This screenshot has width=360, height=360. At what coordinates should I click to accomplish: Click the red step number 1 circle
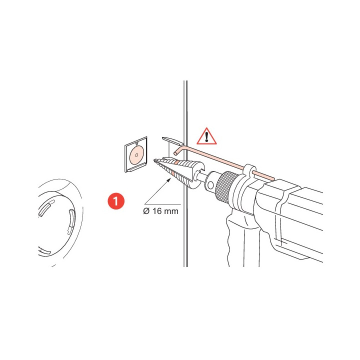coord(116,201)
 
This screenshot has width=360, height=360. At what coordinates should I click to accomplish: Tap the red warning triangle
coord(206,137)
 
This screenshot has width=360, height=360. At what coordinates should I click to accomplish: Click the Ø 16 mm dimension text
coord(160,211)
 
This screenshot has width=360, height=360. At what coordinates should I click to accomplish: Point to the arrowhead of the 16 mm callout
coord(169,180)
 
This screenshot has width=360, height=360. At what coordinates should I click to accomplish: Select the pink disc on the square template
coord(136,155)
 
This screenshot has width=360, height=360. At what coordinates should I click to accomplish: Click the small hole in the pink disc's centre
coord(136,155)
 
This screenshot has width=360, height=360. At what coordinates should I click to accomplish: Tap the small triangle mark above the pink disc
coord(137,143)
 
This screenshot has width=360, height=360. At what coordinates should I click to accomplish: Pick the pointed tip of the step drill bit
coord(155,160)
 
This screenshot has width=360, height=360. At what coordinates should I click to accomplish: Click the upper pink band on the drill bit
coord(176,163)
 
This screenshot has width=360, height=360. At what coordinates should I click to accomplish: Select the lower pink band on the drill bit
coord(173,174)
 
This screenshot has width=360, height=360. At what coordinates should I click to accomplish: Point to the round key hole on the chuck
coord(210,184)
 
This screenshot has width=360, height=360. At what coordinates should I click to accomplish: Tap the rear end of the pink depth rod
coord(272,178)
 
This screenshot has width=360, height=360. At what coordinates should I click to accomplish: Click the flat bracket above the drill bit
coord(171,140)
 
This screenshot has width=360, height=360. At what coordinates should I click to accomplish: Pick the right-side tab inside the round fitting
coord(71,221)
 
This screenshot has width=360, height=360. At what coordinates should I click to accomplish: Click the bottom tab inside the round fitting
coord(44,251)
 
